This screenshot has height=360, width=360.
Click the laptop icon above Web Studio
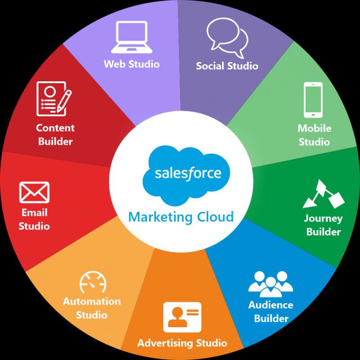[x=132, y=37]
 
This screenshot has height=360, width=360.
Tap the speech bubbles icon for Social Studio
[x=227, y=37]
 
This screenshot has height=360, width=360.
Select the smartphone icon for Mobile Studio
[x=313, y=100]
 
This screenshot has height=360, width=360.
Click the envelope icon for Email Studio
[x=34, y=192]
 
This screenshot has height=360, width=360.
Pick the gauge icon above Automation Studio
[x=93, y=282]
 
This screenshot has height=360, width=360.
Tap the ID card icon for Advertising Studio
[x=182, y=317]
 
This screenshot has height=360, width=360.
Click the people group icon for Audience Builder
[x=271, y=284]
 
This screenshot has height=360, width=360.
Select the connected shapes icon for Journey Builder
[x=324, y=194]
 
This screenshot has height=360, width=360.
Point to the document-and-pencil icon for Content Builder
[x=54, y=99]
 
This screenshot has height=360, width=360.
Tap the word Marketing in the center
[x=161, y=217]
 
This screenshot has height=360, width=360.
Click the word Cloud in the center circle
[x=216, y=217]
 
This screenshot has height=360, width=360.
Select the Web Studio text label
[x=132, y=64]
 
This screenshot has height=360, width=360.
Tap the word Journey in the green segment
[x=323, y=218]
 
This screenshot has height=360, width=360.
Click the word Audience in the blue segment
[x=271, y=305]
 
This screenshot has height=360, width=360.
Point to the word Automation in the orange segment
[x=92, y=302]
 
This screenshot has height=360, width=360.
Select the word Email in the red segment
[x=35, y=213]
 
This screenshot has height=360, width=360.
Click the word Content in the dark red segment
[x=55, y=128]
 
